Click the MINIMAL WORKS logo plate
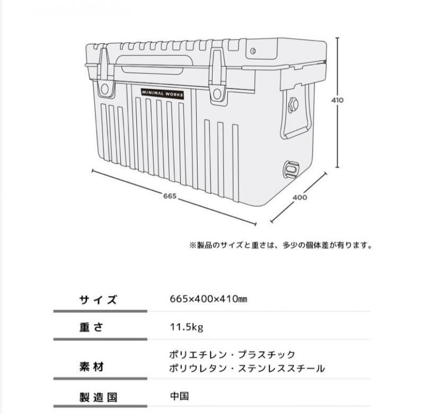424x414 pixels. point(163,93)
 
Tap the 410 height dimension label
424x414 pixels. point(337,100)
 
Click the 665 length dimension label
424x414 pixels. point(170,196)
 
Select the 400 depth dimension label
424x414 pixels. point(300,197)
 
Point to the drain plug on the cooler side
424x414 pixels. point(291,169)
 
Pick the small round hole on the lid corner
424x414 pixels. point(253,50)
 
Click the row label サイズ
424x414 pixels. point(98,300)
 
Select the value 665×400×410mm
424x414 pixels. point(208,299)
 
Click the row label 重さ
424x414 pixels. point(91,328)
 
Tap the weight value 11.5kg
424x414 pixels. point(187,328)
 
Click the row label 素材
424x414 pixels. point(91,367)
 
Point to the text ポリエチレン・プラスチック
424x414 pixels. point(232,355)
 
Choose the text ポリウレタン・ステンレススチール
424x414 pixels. point(247,368)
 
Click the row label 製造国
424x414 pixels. point(98,398)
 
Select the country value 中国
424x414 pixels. point(179,396)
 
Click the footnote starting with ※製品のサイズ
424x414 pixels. point(281,245)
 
